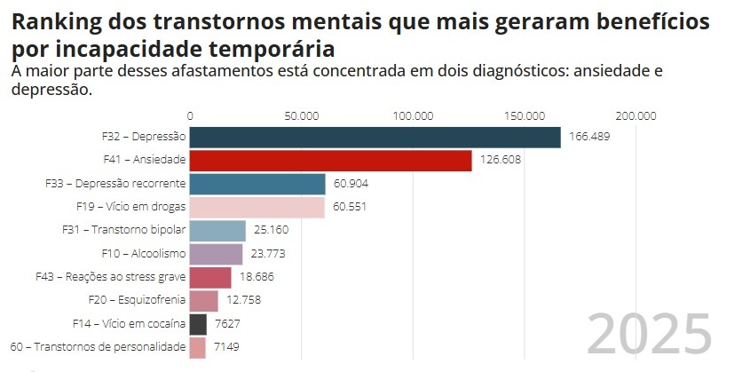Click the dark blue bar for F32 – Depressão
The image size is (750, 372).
pyautogui.click(x=375, y=137)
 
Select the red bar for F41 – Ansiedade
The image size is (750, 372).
pyautogui.click(x=330, y=160)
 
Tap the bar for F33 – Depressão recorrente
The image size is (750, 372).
pyautogui.click(x=257, y=184)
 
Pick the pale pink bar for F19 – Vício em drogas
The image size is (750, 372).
pyautogui.click(x=257, y=207)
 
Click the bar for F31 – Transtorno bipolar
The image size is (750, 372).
pyautogui.click(x=217, y=231)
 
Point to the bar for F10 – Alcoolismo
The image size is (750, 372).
pyautogui.click(x=216, y=254)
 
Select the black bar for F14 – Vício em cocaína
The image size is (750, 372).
pyautogui.click(x=198, y=324)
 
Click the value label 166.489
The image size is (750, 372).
pyautogui.click(x=589, y=137)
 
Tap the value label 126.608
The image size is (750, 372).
pyautogui.click(x=500, y=160)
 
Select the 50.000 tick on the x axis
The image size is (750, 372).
pyautogui.click(x=302, y=115)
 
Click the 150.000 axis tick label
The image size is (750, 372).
pyautogui.click(x=525, y=115)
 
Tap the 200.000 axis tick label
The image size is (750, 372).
pyautogui.click(x=636, y=115)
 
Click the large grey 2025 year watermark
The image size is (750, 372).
pyautogui.click(x=650, y=334)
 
